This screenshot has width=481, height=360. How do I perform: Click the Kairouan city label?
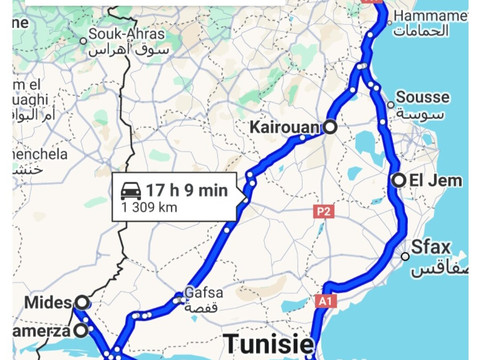click(x=283, y=128)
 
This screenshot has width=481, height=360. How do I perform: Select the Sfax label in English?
click(x=432, y=247)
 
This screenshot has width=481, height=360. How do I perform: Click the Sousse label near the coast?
click(x=422, y=98)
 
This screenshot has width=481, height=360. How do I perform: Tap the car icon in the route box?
click(x=130, y=190)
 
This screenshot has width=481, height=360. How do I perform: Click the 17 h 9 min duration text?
click(x=187, y=190)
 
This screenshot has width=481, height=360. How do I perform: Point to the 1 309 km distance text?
click(x=149, y=208)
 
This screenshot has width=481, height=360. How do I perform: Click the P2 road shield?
click(x=322, y=212)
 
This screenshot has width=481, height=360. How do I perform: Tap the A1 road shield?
click(x=328, y=300)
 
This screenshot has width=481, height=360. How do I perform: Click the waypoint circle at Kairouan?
click(x=329, y=128)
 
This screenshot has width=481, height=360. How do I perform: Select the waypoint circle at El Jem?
click(x=399, y=181)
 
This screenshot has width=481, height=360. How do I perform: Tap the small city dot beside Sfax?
click(x=405, y=256)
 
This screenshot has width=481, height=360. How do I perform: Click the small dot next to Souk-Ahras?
click(x=83, y=41)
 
